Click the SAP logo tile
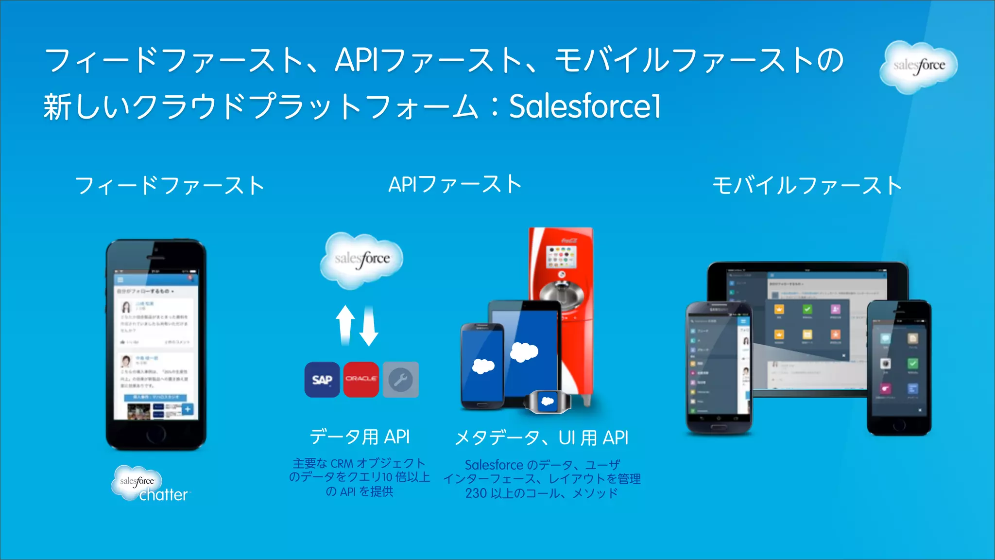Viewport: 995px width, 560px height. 322,380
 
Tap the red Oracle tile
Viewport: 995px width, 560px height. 361,380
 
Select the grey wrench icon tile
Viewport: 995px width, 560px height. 400,380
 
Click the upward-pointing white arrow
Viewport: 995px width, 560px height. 345,325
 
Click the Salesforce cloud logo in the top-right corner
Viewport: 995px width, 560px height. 918,66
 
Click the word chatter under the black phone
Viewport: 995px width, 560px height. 163,495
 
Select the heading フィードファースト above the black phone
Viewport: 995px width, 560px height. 170,186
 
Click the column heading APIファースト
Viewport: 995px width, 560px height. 455,185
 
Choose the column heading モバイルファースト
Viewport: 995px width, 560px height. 807,186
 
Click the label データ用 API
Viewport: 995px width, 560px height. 360,437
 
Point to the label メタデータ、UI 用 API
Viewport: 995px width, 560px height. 542,438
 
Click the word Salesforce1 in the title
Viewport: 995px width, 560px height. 585,106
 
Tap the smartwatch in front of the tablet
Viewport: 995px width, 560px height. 548,402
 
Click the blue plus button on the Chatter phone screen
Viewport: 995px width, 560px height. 188,409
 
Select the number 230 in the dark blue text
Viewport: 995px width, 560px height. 476,493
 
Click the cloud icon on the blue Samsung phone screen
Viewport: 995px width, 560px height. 483,366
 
